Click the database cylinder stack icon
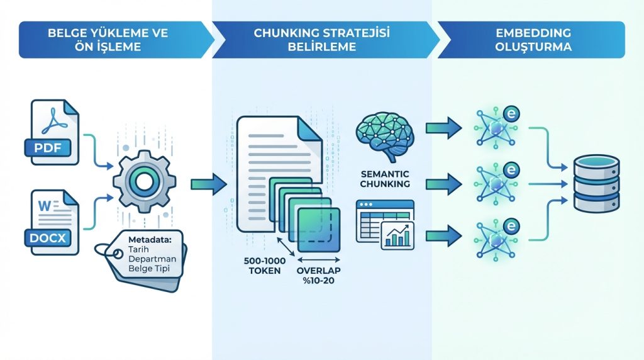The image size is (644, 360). (x=597, y=184)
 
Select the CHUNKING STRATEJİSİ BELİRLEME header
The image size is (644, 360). (x=322, y=40)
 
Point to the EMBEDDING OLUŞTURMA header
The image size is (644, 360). (x=533, y=40)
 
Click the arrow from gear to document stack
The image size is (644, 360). (x=207, y=184)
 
